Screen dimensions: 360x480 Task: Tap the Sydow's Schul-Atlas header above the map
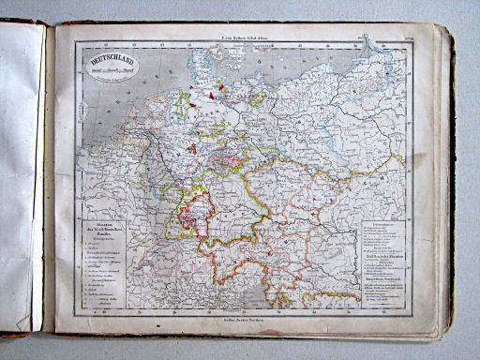[x=242, y=31]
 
